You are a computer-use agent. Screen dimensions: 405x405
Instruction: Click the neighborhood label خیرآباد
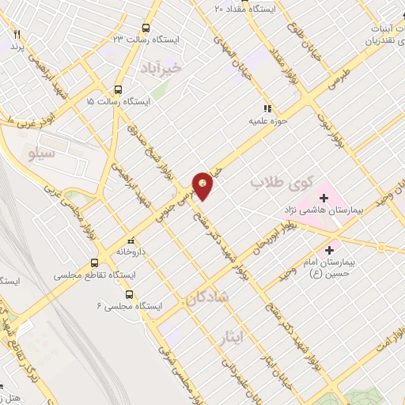(182, 67)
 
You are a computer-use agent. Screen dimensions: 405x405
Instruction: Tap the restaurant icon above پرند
(17, 36)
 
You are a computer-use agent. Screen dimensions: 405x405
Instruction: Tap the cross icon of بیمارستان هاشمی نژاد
(324, 197)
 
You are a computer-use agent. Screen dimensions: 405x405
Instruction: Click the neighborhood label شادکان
(207, 297)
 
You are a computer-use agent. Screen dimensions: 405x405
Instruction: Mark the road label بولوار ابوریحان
(267, 241)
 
